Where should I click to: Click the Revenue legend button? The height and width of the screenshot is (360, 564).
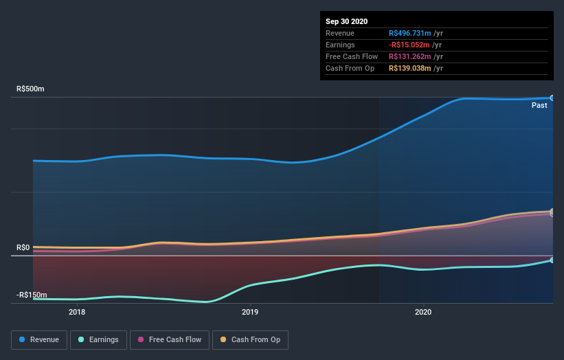40,339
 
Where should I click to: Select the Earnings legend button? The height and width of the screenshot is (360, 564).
98,339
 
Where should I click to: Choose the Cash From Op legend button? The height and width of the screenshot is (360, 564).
251,339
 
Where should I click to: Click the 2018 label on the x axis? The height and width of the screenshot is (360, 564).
77,311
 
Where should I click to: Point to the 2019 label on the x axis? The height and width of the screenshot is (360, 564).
250,311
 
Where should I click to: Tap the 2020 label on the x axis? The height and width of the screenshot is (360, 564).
424,311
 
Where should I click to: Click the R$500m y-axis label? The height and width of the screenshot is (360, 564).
30,89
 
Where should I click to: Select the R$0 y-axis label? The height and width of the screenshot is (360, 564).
24,247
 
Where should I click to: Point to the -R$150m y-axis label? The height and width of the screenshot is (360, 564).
32,295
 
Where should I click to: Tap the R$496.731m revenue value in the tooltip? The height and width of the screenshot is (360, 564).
410,33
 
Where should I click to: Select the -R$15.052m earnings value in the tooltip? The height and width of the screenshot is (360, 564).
410,45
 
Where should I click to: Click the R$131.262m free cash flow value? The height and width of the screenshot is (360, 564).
410,56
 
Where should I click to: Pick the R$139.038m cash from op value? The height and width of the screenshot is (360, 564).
410,68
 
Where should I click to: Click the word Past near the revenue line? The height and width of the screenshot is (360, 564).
539,105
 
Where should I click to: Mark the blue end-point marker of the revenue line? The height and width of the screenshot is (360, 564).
552,98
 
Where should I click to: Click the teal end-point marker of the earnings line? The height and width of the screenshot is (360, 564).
552,260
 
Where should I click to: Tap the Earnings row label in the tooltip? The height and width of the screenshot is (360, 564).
340,45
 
